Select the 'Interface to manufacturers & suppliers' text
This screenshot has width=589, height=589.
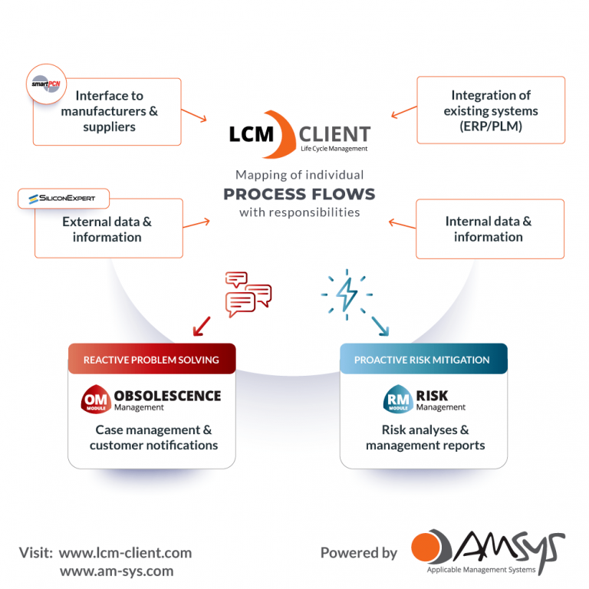click(x=109, y=111)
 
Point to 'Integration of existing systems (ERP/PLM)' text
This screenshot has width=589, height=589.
click(x=491, y=110)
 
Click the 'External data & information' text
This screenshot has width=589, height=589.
click(x=107, y=229)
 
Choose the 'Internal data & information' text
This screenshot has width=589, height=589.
click(x=488, y=229)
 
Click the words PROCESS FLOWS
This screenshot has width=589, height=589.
click(x=299, y=193)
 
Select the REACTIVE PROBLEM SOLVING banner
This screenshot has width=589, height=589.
click(x=151, y=359)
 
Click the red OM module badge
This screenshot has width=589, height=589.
click(x=96, y=400)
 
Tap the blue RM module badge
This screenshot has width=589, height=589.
click(x=397, y=400)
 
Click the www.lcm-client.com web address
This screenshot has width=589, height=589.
click(x=125, y=552)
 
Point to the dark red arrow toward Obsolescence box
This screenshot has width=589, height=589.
click(x=202, y=327)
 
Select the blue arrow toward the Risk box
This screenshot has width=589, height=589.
click(x=379, y=327)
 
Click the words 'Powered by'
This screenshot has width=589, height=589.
click(x=358, y=552)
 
